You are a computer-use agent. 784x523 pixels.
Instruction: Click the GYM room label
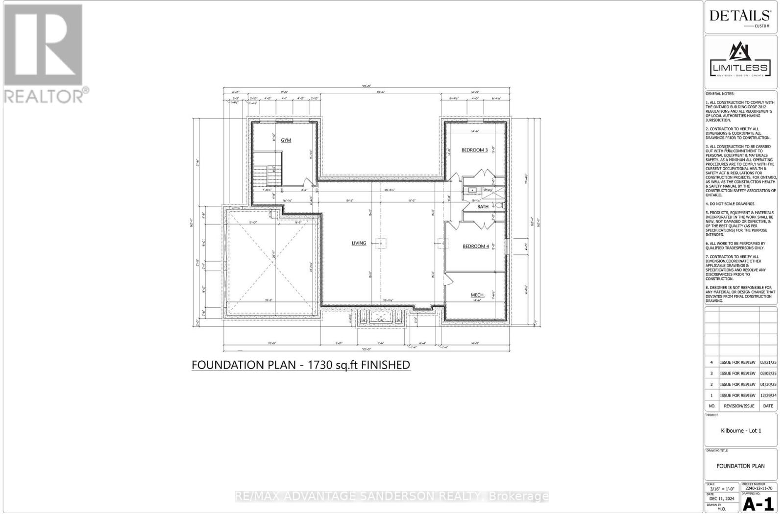coord(286,140)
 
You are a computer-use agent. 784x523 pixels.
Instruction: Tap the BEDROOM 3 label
coord(474,150)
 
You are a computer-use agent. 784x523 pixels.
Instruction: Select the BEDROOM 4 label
coord(476,246)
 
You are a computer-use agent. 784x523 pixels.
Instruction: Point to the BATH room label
coord(483,207)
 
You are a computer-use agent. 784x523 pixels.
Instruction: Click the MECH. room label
coord(477,295)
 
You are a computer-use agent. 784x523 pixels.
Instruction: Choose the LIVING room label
coord(359,243)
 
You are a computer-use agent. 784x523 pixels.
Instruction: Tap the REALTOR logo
coord(44,54)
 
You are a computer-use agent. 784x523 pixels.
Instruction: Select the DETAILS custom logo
coord(740,17)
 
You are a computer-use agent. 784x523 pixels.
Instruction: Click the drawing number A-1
coord(758,504)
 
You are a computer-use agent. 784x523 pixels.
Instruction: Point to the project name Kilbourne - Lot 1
coord(741,431)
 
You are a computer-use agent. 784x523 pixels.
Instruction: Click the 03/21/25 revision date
coord(768,363)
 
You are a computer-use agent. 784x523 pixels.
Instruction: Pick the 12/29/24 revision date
coord(768,396)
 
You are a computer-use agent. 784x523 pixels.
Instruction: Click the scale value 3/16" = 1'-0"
coord(722,489)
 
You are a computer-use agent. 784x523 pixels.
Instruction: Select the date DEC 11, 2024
coord(722,499)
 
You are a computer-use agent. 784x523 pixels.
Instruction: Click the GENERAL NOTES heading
coord(720,94)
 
